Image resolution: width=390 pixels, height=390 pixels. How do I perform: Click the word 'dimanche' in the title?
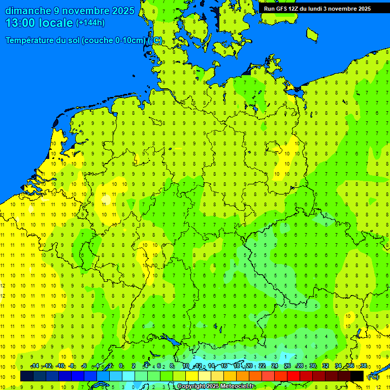(x=28, y=11)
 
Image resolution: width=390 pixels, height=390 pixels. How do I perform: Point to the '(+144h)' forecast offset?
(x=90, y=23)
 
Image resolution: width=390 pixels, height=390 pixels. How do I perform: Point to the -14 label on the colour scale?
(x=35, y=366)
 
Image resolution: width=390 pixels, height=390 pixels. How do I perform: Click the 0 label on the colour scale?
(x=121, y=366)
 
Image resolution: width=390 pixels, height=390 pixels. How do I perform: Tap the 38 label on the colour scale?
(x=363, y=366)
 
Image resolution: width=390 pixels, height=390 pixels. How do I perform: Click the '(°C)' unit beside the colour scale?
(x=373, y=377)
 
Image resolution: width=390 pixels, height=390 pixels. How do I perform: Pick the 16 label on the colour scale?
(x=224, y=366)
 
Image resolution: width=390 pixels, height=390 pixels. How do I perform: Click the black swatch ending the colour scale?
(x=357, y=376)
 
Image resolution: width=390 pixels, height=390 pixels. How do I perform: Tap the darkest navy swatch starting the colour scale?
(x=27, y=376)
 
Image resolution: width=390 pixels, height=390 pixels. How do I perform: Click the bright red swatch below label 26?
(x=294, y=376)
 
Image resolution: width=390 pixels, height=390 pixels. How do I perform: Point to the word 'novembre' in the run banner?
(x=340, y=9)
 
